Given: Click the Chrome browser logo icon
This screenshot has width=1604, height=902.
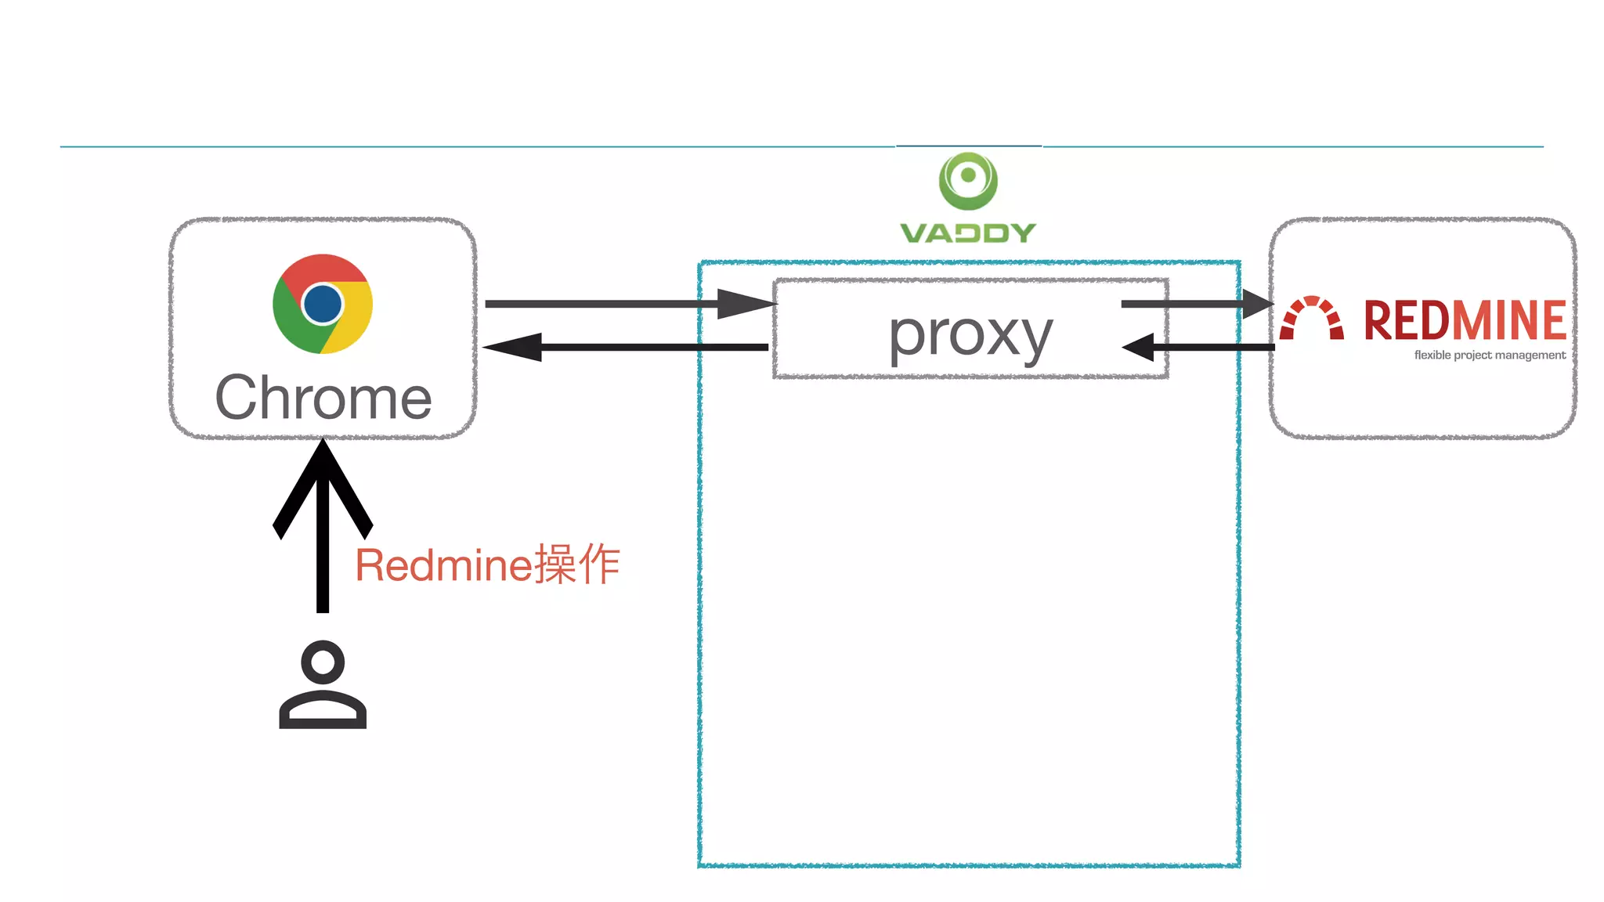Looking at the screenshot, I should [x=323, y=304].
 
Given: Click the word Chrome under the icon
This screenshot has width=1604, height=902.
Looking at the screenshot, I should [x=323, y=398].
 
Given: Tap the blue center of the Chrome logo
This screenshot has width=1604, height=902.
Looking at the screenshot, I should [x=322, y=304].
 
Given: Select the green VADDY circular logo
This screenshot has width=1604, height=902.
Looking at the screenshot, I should [x=968, y=181].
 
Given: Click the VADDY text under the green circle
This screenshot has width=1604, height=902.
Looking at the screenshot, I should [x=968, y=233].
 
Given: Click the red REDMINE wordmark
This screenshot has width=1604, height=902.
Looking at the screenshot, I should [x=1464, y=320].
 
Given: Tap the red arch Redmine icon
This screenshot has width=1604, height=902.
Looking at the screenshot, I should [x=1312, y=318].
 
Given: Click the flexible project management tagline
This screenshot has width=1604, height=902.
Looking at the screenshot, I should [x=1489, y=355].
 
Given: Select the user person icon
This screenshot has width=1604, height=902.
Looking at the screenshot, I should [x=323, y=685].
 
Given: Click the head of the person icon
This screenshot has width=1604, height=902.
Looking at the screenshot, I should [x=323, y=662].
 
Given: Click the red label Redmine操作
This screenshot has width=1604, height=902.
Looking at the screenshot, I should [x=487, y=565].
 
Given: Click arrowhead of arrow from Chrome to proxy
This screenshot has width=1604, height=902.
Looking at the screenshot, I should [x=744, y=304].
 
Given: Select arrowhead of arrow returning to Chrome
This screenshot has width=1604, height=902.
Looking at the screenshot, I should [x=515, y=347].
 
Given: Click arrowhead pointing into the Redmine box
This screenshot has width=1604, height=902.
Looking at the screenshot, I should [x=1258, y=304].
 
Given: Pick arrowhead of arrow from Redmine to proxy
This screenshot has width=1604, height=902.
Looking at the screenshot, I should [x=1140, y=347].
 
